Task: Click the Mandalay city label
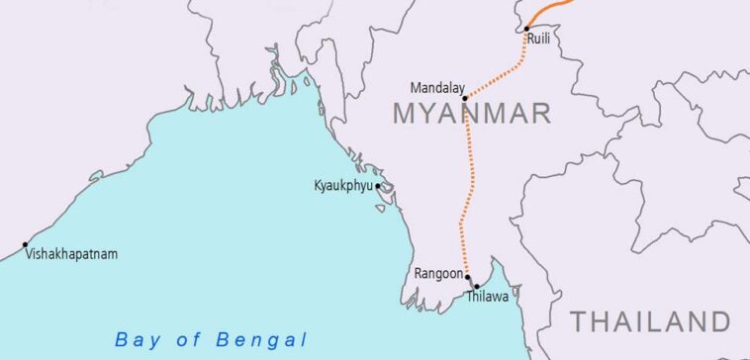[x=436, y=87]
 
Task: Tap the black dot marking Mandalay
[x=464, y=99]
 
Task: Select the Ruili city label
[x=540, y=40]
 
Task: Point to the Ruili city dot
[x=525, y=29]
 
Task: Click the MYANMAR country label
[x=471, y=114]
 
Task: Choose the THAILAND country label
[x=650, y=320]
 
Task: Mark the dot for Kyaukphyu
[x=377, y=185]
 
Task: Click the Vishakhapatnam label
[x=71, y=254]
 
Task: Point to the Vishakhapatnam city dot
[x=25, y=244]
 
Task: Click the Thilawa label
[x=486, y=296]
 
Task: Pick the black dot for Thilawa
[x=477, y=287]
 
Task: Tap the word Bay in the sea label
[x=137, y=339]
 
